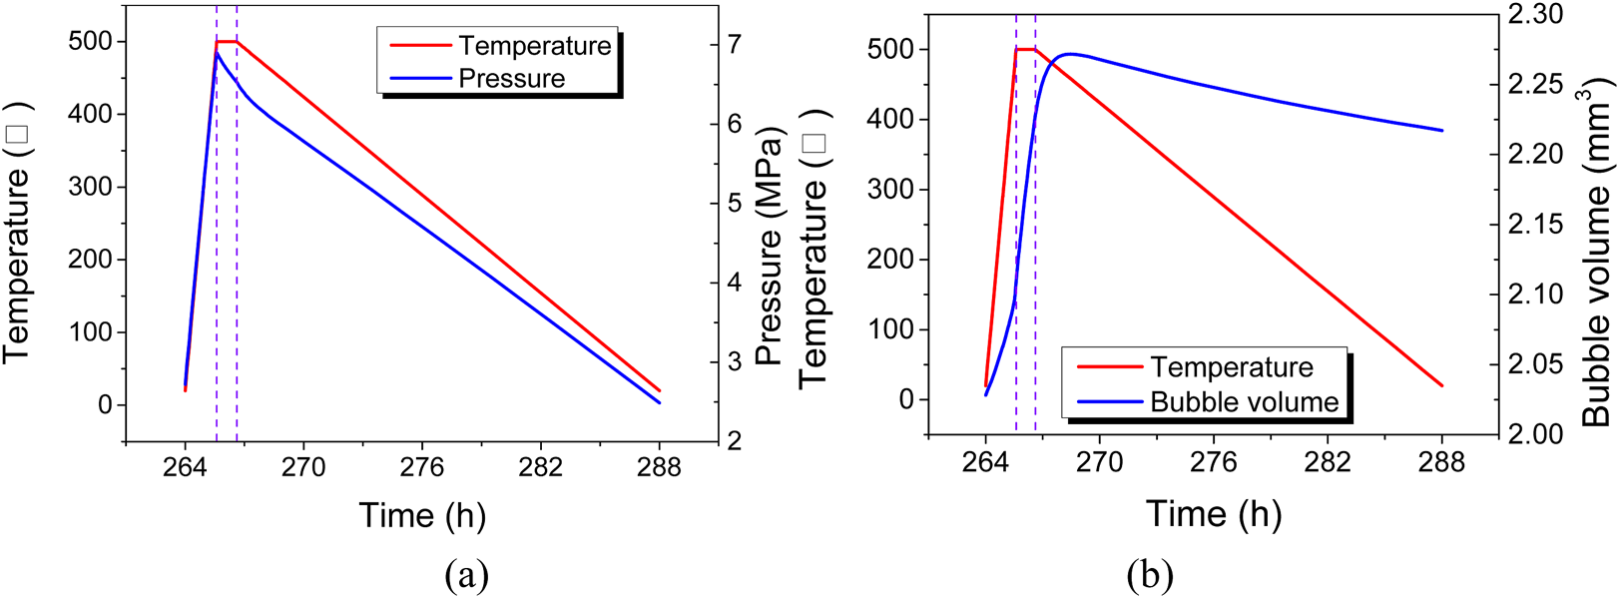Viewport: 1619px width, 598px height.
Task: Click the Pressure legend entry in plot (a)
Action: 511,79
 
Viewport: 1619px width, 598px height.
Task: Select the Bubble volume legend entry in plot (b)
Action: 1244,402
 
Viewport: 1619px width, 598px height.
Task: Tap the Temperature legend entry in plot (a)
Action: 534,46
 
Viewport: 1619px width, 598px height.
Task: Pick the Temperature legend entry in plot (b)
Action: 1231,367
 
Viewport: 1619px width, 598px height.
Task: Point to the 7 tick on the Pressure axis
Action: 735,44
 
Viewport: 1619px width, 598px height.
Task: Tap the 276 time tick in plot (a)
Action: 421,467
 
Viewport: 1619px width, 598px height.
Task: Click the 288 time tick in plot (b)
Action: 1441,462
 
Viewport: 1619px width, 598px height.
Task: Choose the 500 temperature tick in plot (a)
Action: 91,42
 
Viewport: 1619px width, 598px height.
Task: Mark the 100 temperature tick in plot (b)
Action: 891,329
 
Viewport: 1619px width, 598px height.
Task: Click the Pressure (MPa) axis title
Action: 769,246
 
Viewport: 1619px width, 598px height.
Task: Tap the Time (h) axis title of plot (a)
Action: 422,515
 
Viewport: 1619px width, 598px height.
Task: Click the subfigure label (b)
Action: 1149,575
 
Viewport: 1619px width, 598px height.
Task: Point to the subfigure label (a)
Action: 466,575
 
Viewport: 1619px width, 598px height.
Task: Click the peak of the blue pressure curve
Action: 217,52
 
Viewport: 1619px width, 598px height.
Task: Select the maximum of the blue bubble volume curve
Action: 1069,54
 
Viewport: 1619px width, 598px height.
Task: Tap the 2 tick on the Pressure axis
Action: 735,441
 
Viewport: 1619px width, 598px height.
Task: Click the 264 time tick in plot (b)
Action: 985,462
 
